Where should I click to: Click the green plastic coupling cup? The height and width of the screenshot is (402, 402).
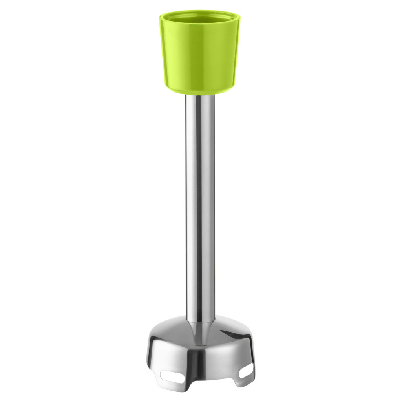199,55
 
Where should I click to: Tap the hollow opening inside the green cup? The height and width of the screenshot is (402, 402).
199,18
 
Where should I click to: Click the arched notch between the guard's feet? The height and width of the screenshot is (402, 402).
208,387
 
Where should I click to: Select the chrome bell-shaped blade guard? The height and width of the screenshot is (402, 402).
200,353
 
